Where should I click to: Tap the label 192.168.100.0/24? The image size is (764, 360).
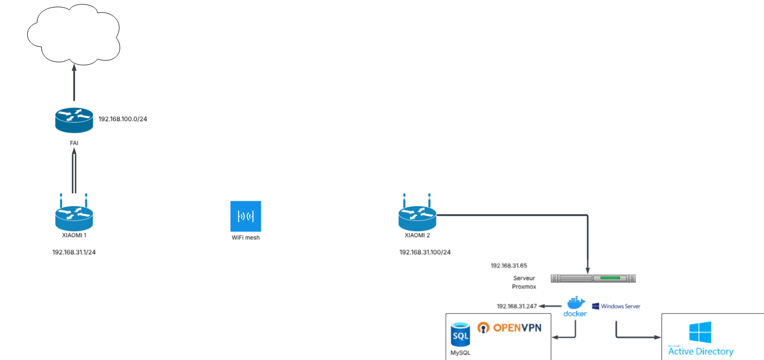click(123, 119)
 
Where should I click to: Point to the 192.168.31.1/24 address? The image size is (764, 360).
click(78, 252)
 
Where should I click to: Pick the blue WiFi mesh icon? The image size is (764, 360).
click(246, 216)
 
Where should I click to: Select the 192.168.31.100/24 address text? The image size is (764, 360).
click(425, 252)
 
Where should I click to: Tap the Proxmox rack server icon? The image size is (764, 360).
click(593, 278)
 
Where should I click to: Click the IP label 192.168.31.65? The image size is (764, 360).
click(509, 266)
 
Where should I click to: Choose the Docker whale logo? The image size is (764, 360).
click(575, 303)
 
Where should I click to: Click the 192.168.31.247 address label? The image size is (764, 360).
click(517, 306)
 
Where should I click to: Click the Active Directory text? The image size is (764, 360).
click(700, 351)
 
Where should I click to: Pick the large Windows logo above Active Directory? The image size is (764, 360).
click(700, 332)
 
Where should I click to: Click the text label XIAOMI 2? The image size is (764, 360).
click(418, 235)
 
